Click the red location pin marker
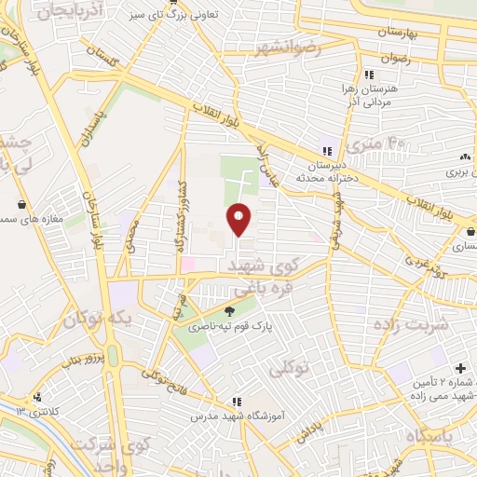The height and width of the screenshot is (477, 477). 239,219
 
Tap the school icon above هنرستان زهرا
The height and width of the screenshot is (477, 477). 370,74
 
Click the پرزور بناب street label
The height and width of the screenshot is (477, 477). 79,359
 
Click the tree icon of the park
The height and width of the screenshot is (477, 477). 230,312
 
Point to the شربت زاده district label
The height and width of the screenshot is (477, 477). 410,323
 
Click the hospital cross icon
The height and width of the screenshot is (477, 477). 460,369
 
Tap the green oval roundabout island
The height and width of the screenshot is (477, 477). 114,357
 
